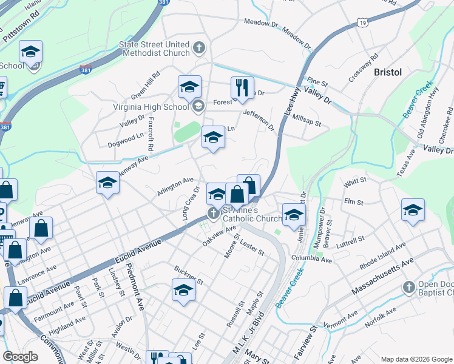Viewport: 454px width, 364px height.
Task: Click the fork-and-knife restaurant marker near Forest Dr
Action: coord(242,88)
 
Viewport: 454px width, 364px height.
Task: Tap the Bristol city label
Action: coord(388,72)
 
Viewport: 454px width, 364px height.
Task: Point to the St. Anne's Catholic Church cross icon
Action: coord(213,214)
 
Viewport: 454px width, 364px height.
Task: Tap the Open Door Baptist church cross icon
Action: coord(408,286)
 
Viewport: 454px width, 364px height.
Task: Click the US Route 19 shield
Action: coord(362,22)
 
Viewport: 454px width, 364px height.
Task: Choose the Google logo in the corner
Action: coord(20,357)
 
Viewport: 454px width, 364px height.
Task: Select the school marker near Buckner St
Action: coord(183,291)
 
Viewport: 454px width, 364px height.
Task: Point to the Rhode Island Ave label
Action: coord(370,255)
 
